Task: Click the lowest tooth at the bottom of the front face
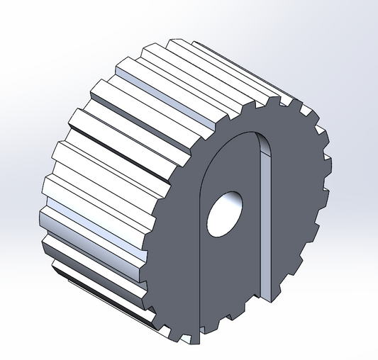[191, 339]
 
